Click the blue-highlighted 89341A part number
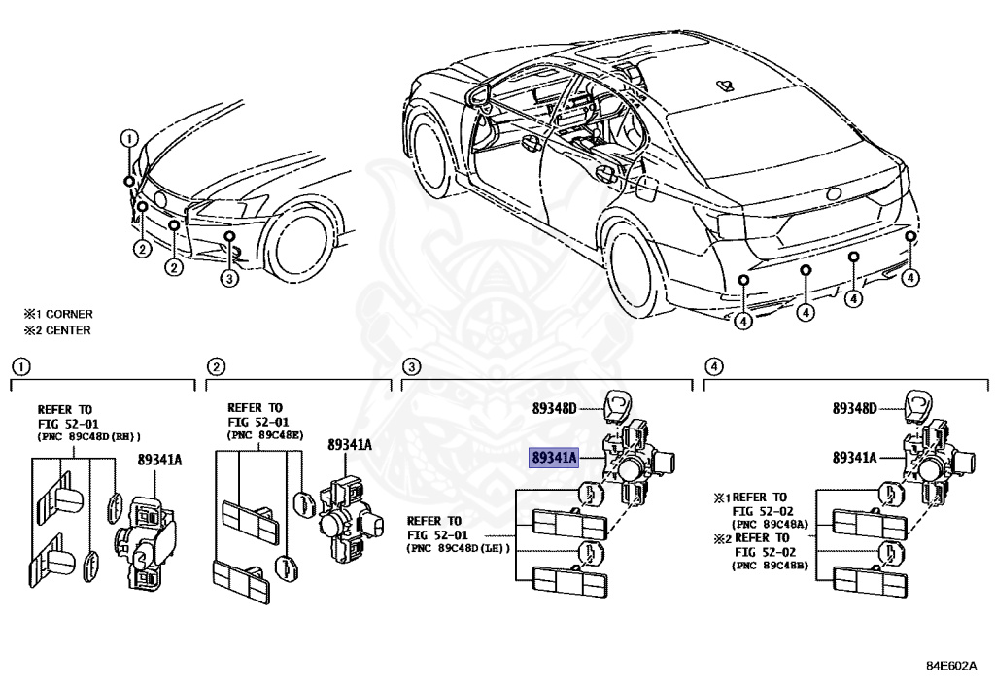coord(554,457)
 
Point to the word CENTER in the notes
coord(67,330)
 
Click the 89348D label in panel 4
coord(854,409)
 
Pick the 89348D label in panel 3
coord(555,409)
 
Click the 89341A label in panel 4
coord(854,457)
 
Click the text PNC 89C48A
coord(768,524)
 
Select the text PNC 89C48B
coord(768,565)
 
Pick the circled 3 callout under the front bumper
coord(228,280)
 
